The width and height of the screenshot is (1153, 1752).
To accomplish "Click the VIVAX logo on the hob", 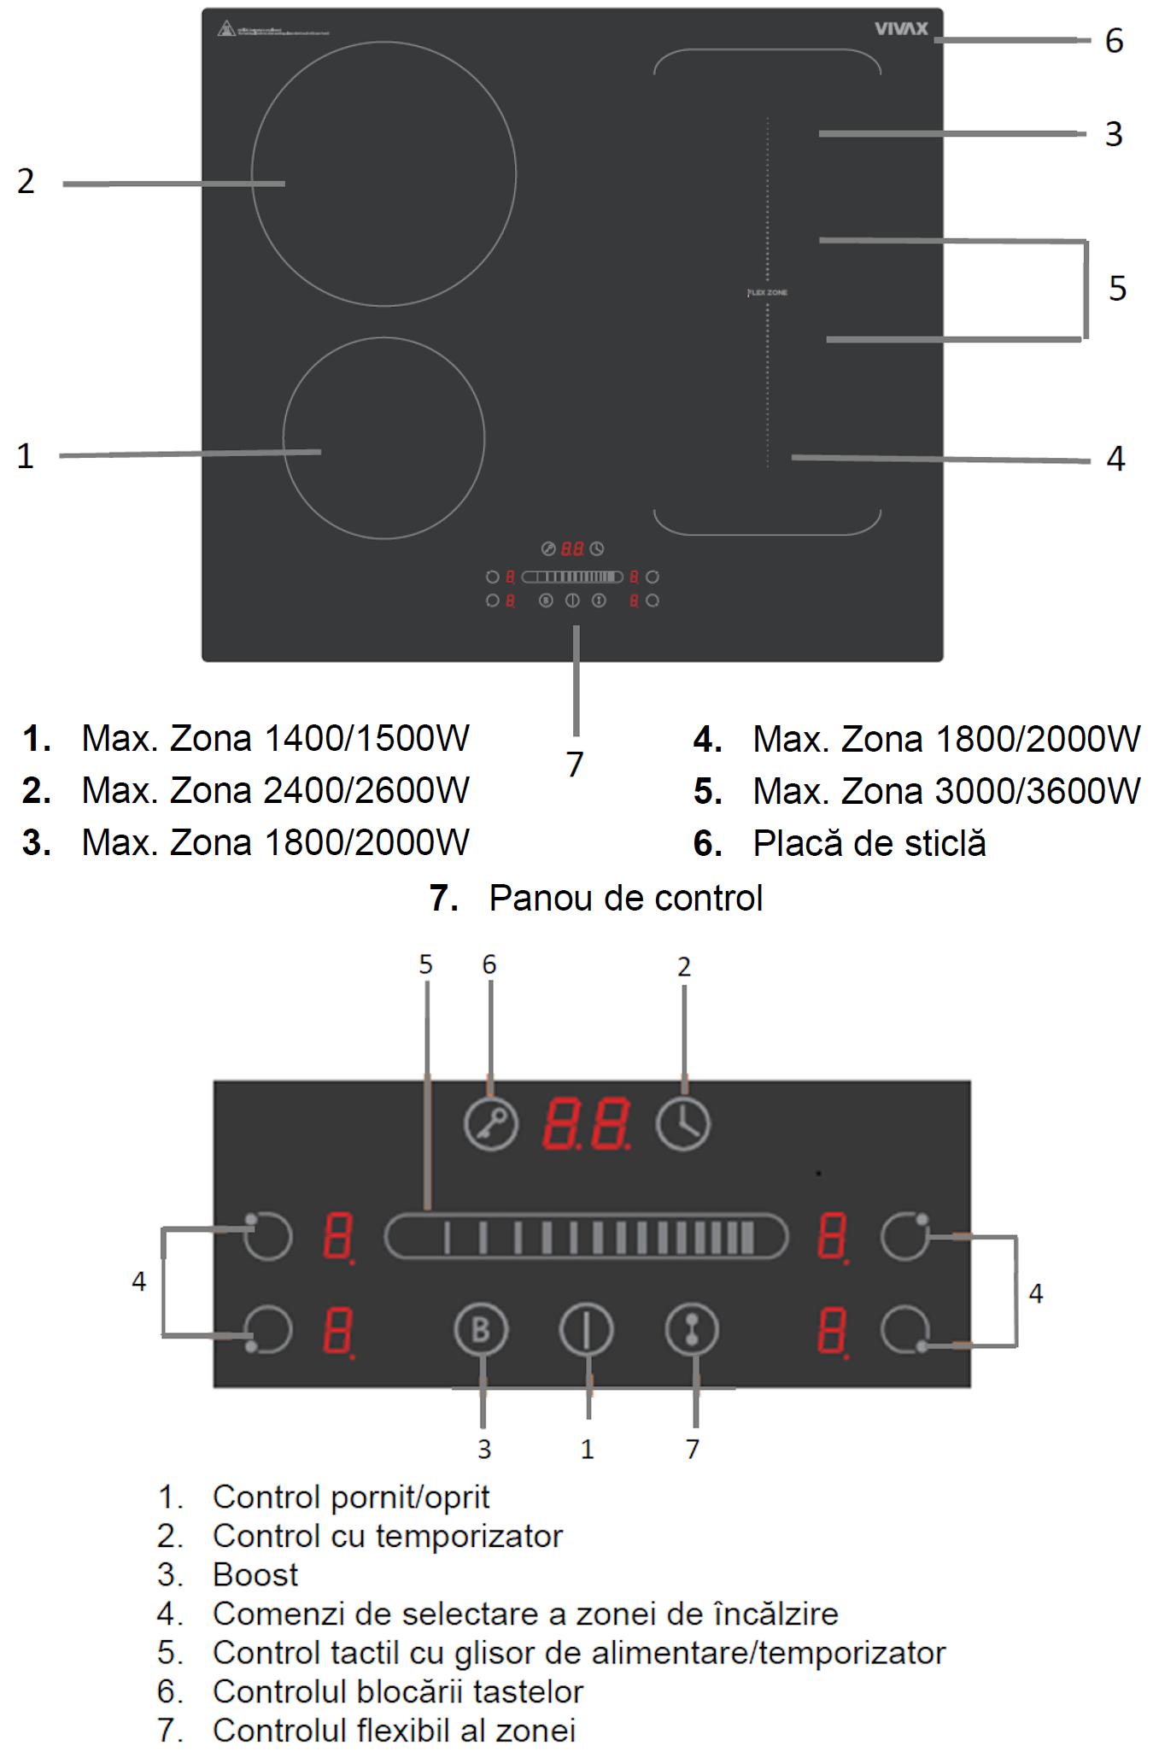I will [x=900, y=29].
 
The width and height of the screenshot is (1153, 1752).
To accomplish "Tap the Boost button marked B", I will [x=481, y=1329].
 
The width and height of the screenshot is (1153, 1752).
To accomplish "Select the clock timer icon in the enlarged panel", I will [x=682, y=1123].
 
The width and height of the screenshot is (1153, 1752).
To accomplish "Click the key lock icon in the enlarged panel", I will [x=491, y=1123].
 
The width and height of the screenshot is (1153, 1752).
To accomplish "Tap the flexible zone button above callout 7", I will [x=692, y=1329].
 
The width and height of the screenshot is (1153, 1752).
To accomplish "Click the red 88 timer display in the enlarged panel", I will [x=587, y=1123].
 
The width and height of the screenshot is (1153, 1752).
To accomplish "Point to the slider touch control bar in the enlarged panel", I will [x=586, y=1236].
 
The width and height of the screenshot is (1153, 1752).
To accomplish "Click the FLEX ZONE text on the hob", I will [x=768, y=293].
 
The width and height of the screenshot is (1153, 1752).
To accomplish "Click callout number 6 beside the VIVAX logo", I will [x=1114, y=41].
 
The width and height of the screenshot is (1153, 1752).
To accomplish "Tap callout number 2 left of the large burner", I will [x=26, y=181].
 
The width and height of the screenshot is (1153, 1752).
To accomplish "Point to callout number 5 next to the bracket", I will [x=1117, y=289].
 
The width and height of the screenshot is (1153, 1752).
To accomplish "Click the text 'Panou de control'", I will [x=625, y=898].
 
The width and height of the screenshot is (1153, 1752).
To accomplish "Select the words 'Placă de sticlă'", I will [x=869, y=843].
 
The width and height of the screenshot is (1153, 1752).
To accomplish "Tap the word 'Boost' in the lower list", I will [x=255, y=1574].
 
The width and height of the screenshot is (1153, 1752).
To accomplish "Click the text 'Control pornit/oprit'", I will [x=351, y=1497].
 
